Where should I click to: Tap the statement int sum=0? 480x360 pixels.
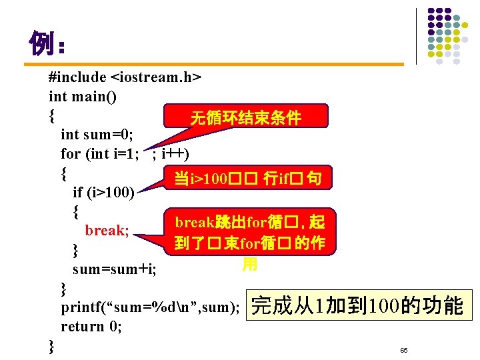pyautogui.click(x=97, y=135)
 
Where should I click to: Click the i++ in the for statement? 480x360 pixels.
pyautogui.click(x=175, y=154)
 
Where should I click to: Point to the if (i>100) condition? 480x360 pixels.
pyautogui.click(x=103, y=193)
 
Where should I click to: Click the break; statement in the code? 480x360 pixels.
pyautogui.click(x=106, y=231)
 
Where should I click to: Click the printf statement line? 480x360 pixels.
pyautogui.click(x=150, y=307)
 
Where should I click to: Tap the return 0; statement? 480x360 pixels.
pyautogui.click(x=91, y=327)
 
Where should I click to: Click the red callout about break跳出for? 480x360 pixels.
pyautogui.click(x=249, y=233)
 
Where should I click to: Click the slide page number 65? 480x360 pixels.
pyautogui.click(x=403, y=350)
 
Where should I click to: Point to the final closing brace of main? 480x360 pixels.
pyautogui.click(x=52, y=346)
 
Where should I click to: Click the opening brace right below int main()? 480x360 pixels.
pyautogui.click(x=52, y=116)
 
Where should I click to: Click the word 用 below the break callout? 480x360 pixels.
pyautogui.click(x=249, y=265)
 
